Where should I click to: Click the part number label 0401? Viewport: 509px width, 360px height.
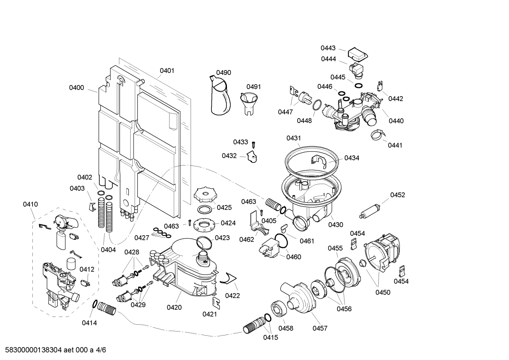(x=167, y=71)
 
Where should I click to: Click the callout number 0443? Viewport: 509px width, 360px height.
(x=328, y=48)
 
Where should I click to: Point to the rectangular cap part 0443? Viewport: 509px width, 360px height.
(x=358, y=54)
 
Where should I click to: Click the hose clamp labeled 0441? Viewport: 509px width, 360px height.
(x=377, y=134)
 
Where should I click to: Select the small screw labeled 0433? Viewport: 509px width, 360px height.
(x=253, y=144)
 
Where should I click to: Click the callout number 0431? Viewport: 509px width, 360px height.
(x=293, y=138)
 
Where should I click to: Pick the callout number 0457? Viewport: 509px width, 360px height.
(x=320, y=328)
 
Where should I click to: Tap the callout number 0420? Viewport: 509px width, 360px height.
(x=174, y=307)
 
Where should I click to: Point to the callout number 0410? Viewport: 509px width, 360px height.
(x=30, y=204)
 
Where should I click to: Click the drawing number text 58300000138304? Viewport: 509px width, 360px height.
(x=32, y=350)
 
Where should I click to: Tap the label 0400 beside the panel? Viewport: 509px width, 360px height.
(x=76, y=88)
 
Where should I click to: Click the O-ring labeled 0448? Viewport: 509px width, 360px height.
(x=317, y=105)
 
